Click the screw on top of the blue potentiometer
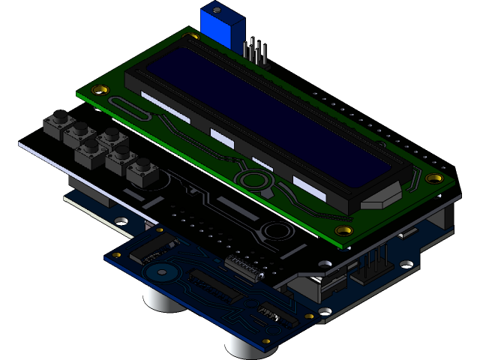[217, 11]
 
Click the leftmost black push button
[57, 124]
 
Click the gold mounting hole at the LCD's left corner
[98, 89]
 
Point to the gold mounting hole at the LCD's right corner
[434, 178]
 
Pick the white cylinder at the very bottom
[243, 344]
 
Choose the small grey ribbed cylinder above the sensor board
[244, 267]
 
